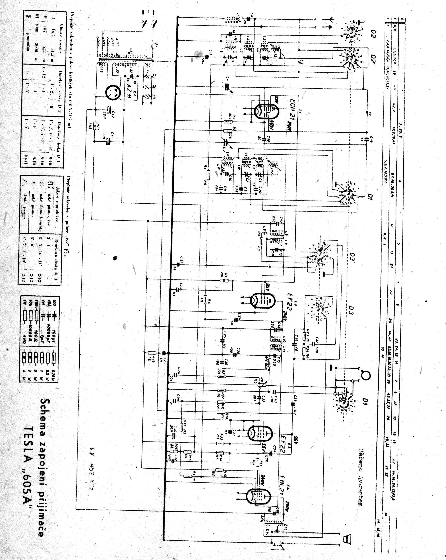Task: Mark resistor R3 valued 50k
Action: (x=226, y=121)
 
